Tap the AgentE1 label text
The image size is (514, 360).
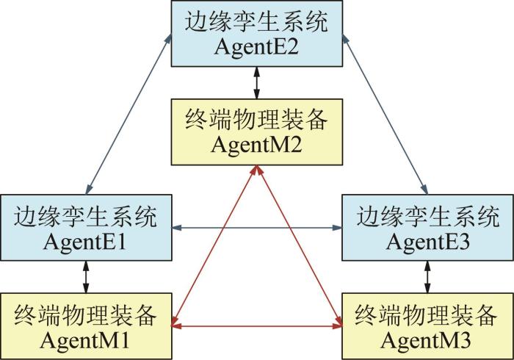[86, 242]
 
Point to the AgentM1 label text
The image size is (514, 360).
[86, 341]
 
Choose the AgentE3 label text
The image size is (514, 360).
[427, 242]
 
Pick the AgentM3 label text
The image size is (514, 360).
[427, 341]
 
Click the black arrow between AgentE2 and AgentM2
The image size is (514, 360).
[256, 83]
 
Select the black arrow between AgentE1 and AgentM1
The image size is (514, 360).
[86, 276]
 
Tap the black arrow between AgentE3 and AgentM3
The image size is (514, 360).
[427, 276]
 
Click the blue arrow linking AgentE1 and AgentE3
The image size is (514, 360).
[256, 228]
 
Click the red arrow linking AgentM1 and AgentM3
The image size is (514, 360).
[256, 325]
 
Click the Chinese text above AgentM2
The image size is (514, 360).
[256, 118]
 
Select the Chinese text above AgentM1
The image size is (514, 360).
[86, 317]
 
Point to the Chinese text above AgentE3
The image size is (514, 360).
[427, 217]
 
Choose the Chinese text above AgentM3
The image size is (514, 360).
[427, 317]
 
